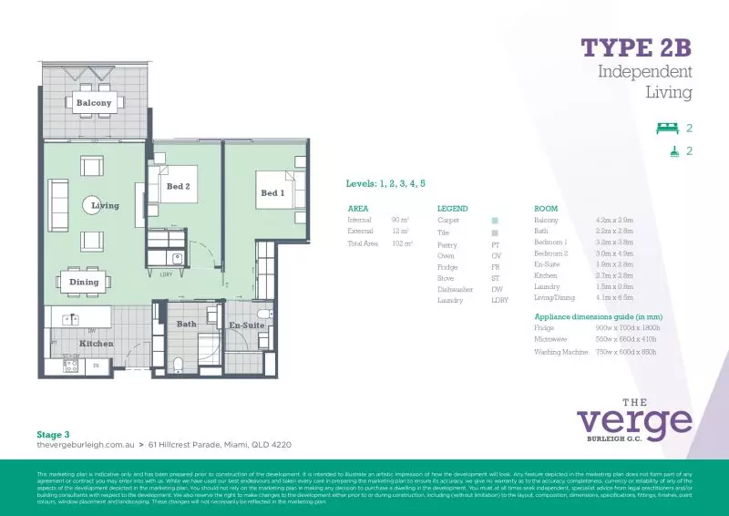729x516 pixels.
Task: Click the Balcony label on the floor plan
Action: click(93, 103)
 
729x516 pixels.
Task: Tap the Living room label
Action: click(105, 205)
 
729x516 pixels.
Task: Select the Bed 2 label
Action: click(178, 186)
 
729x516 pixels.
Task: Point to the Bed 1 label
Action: click(272, 193)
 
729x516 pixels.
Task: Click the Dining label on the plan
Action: click(84, 283)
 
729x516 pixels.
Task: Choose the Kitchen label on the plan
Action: click(96, 344)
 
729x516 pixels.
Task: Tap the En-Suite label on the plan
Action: click(246, 325)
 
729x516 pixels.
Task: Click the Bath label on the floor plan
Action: click(186, 324)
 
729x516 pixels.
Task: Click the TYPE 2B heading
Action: click(637, 46)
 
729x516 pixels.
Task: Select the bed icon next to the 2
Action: click(669, 129)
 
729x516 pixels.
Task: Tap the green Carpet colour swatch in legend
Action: click(495, 221)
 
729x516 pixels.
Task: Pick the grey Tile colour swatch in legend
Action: click(495, 233)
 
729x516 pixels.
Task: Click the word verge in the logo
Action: click(634, 420)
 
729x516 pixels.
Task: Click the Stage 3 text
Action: click(53, 435)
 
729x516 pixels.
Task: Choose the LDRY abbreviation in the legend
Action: click(499, 300)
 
